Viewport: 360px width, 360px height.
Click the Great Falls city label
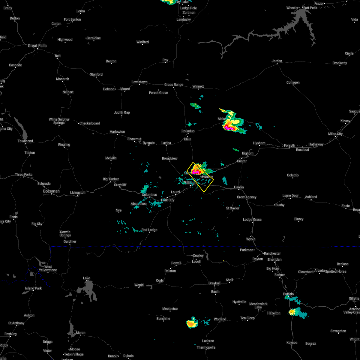point(37,46)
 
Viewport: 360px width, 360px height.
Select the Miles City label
point(335,134)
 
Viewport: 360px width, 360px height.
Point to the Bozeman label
point(51,191)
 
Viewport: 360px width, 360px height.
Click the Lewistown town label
point(139,82)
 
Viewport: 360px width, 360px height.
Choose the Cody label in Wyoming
point(160,281)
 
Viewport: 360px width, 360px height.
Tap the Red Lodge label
point(149,230)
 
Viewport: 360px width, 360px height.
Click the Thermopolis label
point(206,347)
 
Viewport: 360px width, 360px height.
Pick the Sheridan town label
point(274,259)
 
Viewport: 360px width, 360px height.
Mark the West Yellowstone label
point(48,268)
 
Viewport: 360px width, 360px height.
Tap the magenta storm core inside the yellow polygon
point(196,172)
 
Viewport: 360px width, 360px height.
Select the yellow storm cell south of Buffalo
point(292,312)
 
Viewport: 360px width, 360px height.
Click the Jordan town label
point(277,61)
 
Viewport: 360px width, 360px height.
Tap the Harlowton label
point(117,132)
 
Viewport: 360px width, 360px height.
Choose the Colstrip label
point(293,175)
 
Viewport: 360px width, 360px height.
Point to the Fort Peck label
point(310,8)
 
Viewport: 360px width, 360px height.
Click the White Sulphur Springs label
point(59,121)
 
